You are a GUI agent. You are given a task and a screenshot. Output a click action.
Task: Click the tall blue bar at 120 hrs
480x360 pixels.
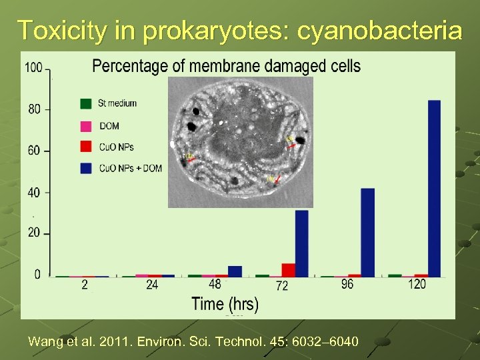click(434, 188)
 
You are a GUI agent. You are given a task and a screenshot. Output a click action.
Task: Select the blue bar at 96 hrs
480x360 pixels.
click(367, 232)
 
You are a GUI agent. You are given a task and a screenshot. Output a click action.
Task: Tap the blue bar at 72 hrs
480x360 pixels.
click(301, 243)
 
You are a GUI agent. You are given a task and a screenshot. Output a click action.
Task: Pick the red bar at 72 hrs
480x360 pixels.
click(288, 269)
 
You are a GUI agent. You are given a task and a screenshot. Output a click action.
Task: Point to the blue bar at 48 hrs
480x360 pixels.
click(235, 271)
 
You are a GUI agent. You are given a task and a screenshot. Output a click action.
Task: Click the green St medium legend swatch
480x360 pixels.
click(85, 103)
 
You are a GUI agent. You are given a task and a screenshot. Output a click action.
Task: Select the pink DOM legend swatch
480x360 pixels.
click(85, 125)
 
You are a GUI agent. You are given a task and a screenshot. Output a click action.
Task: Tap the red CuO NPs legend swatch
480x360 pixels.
click(85, 147)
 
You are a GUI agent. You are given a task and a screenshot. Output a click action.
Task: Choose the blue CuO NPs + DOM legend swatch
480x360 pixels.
click(85, 168)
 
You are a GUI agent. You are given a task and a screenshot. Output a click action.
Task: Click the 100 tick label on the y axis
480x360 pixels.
click(33, 67)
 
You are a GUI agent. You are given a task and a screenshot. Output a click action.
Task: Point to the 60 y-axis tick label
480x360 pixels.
click(34, 151)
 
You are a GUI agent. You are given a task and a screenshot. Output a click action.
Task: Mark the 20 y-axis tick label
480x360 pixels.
click(34, 233)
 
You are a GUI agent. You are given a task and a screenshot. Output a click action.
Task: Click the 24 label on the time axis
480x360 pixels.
click(152, 285)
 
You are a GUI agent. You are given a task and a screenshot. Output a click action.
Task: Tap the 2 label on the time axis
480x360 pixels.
click(85, 285)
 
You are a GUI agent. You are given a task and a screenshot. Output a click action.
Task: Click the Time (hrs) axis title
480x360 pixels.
click(225, 304)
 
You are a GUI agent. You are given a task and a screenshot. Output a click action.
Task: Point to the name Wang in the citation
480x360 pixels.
click(43, 342)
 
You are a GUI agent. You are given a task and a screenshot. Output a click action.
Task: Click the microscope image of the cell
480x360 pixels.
click(240, 141)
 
